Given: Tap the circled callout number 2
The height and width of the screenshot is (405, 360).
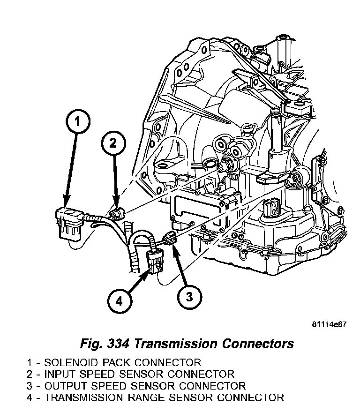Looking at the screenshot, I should coord(113,143).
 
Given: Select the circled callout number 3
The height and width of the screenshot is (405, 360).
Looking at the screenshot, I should coord(189,296).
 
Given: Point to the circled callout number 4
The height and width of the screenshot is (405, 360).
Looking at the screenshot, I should coord(118,301).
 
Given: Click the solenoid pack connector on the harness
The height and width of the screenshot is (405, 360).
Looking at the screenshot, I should coord(68,223).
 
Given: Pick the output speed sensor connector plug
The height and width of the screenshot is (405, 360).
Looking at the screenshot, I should coord(171,239).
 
